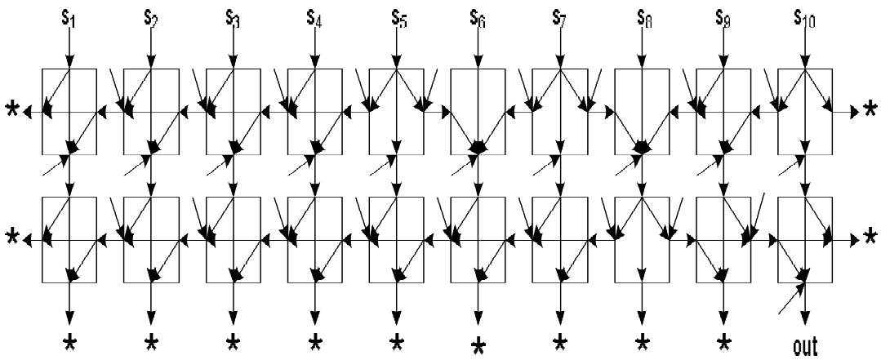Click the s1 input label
69,16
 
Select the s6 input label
478,16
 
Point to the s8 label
642,16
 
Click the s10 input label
805,16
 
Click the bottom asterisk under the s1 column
69,340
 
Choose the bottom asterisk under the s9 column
723,340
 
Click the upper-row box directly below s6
478,111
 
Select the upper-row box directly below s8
642,111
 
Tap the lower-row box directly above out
805,238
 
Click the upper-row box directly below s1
69,111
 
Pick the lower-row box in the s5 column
396,238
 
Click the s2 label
150,16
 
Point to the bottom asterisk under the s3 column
233,340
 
